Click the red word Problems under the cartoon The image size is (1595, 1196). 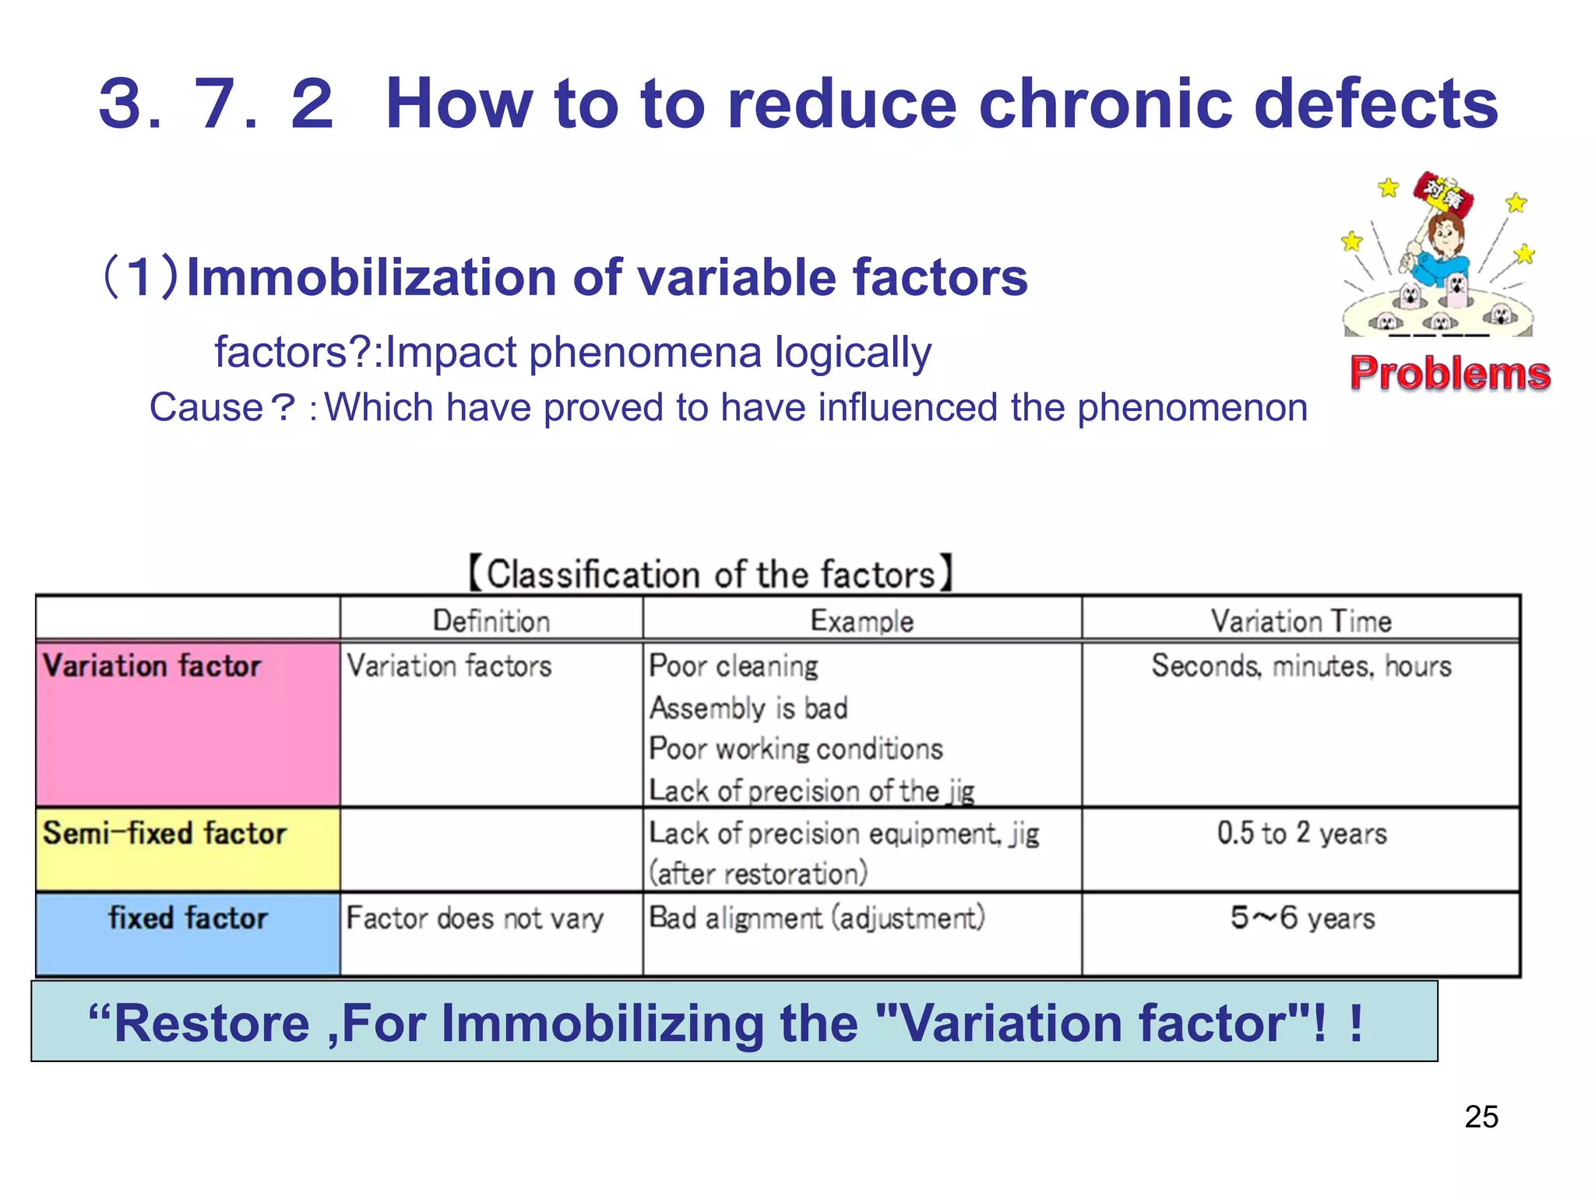(1449, 373)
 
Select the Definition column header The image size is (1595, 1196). (491, 621)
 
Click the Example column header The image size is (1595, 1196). (861, 621)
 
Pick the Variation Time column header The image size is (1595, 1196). (1301, 621)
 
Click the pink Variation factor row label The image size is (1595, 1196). (152, 667)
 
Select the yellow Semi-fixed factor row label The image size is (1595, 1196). (164, 833)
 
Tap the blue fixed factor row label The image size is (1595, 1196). (188, 918)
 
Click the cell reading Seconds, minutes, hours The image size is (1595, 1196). (1301, 667)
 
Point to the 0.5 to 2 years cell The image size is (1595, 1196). (1301, 833)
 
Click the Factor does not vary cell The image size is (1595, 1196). (474, 919)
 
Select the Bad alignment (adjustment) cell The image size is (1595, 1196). (816, 918)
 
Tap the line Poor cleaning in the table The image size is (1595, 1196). (734, 667)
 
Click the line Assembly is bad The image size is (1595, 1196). (748, 709)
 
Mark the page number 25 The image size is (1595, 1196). (1481, 1117)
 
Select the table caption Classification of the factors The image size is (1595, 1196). (710, 575)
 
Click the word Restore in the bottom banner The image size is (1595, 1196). (212, 1023)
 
